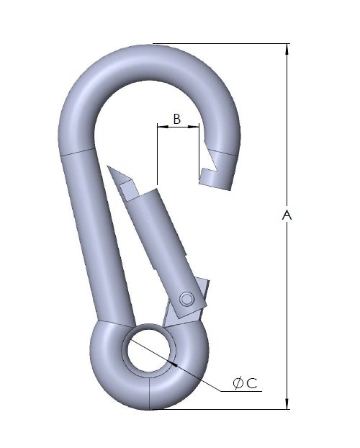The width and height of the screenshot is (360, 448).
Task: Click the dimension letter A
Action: tap(287, 215)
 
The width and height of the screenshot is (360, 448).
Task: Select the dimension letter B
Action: tap(177, 119)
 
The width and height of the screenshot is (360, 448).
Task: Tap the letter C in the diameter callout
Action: tap(252, 383)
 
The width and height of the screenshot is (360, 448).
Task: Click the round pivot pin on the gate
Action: tap(187, 298)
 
